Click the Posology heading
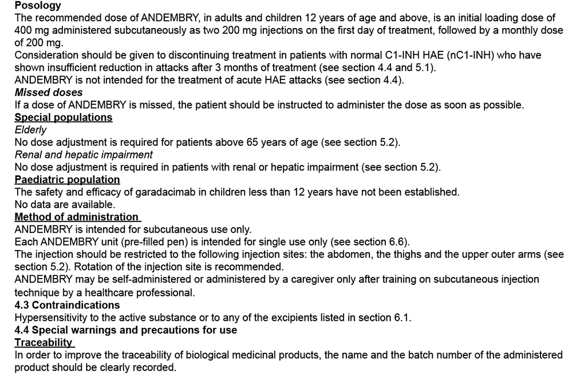pyautogui.click(x=38, y=6)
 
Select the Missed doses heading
pyautogui.click(x=49, y=92)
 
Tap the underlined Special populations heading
pyautogui.click(x=63, y=117)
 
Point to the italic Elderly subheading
pyautogui.click(x=30, y=130)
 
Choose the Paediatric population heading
pyautogui.click(x=67, y=180)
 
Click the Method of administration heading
pyautogui.click(x=76, y=217)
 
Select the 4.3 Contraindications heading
pyautogui.click(x=67, y=305)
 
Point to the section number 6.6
pyautogui.click(x=399, y=242)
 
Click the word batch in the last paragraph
pyautogui.click(x=404, y=355)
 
